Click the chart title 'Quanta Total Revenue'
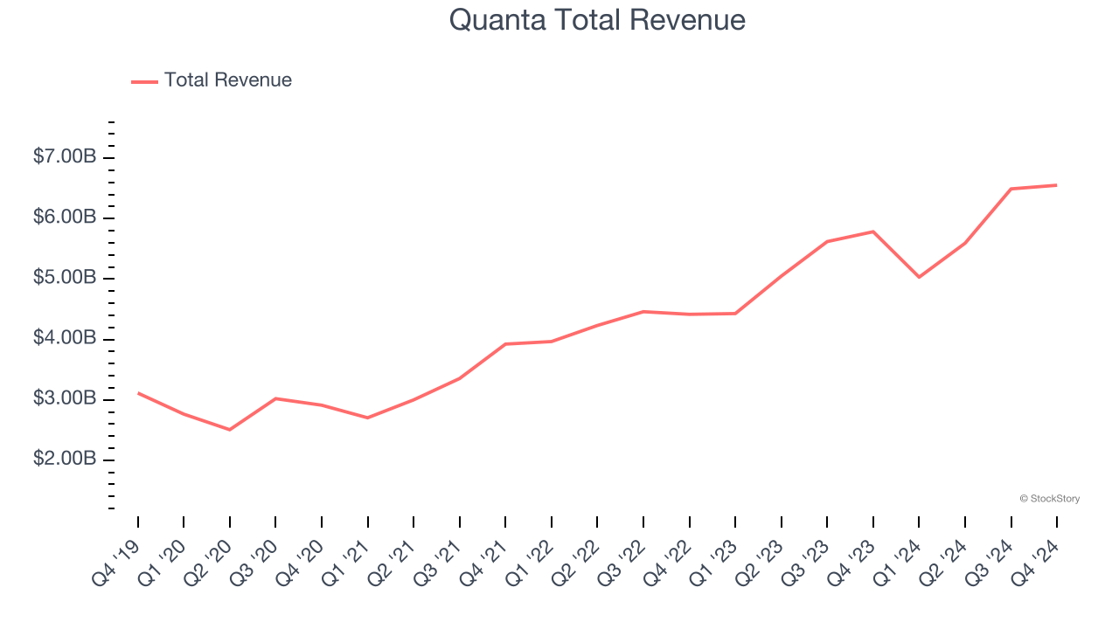pos(597,19)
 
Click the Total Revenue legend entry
pos(212,80)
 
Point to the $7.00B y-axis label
pos(65,157)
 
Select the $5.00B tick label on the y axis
pos(65,278)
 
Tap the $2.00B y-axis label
pos(65,460)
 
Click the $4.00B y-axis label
pos(65,338)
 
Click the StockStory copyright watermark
pos(1049,499)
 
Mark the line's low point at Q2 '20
pos(230,430)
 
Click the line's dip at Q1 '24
pos(919,277)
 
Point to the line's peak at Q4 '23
pos(873,232)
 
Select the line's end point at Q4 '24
pos(1057,185)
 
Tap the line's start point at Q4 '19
pos(138,393)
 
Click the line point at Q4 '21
pos(505,344)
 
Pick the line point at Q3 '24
pos(1011,189)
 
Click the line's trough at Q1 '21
pos(367,418)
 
